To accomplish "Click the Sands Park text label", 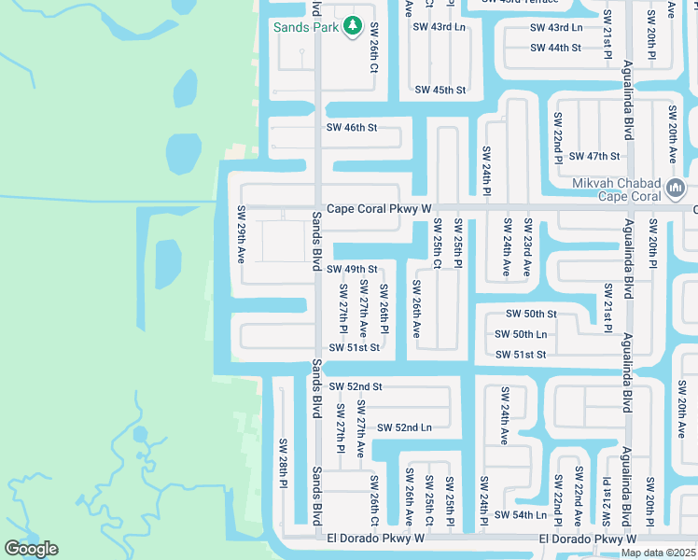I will tap(304, 27).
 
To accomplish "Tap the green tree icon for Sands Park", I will tap(353, 27).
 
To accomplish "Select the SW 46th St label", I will tap(352, 127).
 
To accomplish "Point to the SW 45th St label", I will tap(440, 91).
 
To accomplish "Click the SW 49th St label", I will tap(351, 269).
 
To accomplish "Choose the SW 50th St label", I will tap(531, 315).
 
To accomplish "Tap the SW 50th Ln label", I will tap(521, 334).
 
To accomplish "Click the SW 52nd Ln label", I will tap(404, 427).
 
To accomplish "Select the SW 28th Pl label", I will tap(282, 462).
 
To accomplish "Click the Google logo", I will tap(31, 549).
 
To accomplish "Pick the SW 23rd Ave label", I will tap(528, 247).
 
